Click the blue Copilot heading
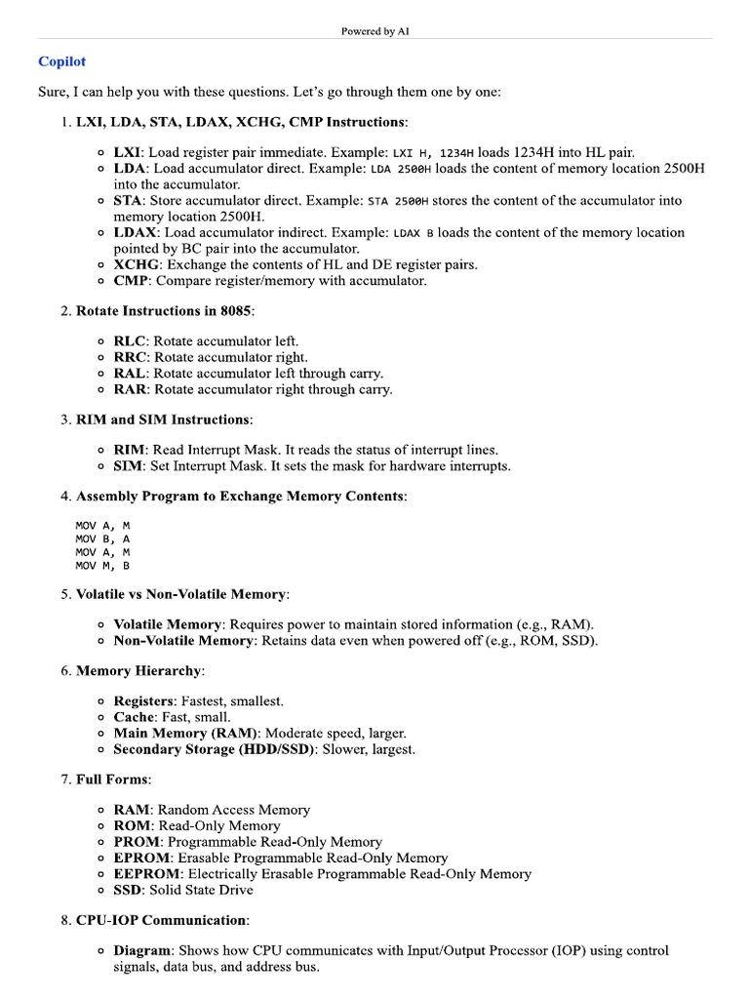(x=61, y=61)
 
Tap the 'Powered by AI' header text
(x=374, y=31)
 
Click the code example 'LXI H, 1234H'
(x=434, y=153)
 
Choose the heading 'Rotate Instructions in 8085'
(x=164, y=311)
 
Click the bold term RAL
(x=130, y=373)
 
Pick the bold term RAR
(x=131, y=389)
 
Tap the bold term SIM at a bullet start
(x=127, y=465)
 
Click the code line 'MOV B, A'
(x=102, y=538)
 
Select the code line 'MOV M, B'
(x=102, y=565)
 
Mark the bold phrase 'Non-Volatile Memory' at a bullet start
(x=183, y=640)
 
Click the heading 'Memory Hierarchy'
(x=139, y=671)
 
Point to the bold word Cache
(x=135, y=717)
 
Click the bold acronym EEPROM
(x=146, y=873)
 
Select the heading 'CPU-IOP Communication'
(x=161, y=920)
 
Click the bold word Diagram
(x=142, y=950)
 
